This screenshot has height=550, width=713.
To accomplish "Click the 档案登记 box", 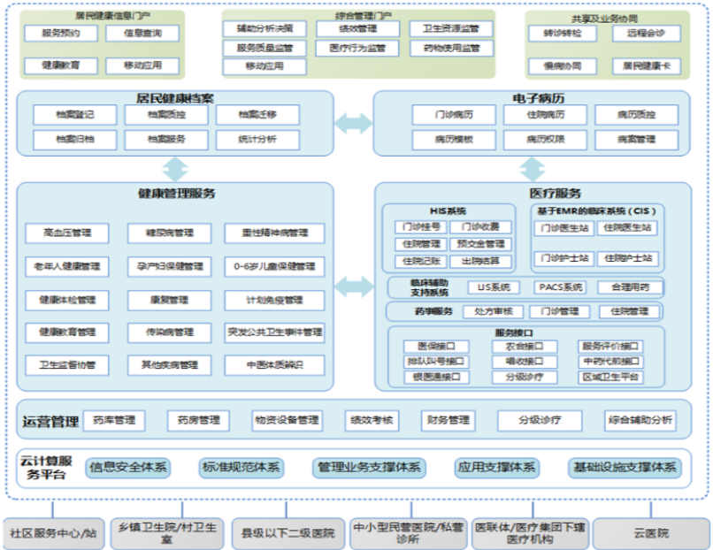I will coord(74,114).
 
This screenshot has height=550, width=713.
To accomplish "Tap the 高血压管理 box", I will coord(67,233).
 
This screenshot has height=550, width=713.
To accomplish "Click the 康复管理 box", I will coord(169,300).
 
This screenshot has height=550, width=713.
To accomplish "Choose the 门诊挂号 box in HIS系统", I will coord(418,227).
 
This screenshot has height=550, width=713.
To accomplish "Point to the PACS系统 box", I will coord(560,287).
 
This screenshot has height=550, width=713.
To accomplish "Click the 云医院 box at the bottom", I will coord(650,533).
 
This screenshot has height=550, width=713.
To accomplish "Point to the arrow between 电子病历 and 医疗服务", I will coord(532,168).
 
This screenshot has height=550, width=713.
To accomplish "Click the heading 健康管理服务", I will coord(176,193).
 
